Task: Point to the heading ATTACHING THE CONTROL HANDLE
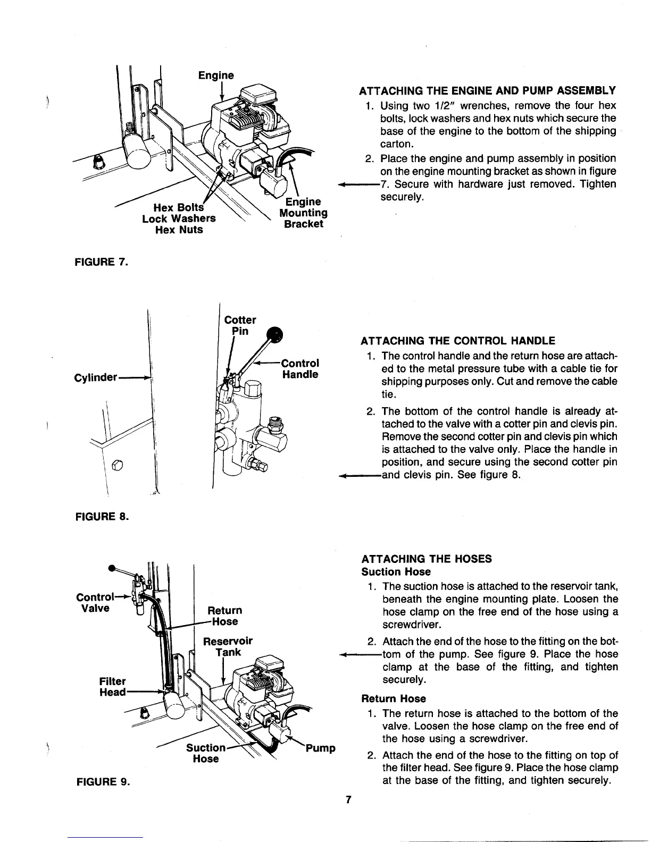(458, 341)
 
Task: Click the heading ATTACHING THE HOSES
(427, 559)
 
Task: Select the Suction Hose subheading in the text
(396, 572)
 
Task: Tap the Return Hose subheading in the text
(394, 698)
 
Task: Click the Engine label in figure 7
(216, 75)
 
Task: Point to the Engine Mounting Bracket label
(303, 213)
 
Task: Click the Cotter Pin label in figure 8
(240, 325)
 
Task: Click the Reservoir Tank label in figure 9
(228, 646)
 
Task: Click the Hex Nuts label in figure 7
(179, 230)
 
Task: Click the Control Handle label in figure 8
(300, 368)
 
